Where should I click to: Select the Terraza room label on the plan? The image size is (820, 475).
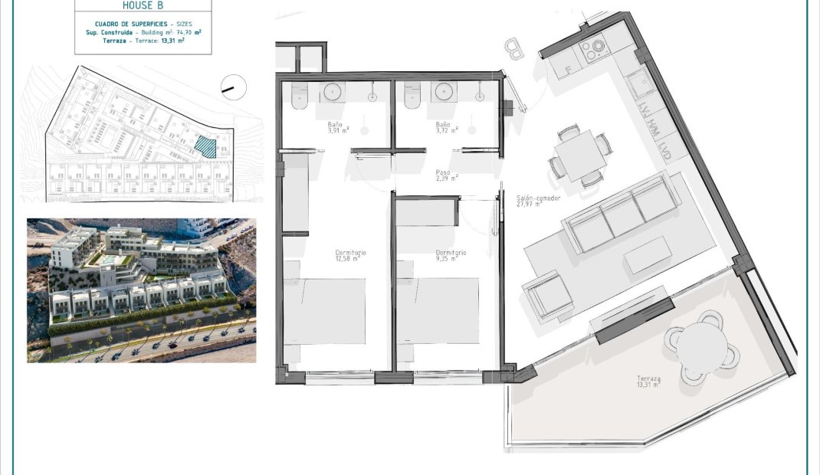(648, 382)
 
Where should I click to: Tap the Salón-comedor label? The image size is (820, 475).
(539, 201)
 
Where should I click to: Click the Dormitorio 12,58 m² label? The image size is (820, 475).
(350, 255)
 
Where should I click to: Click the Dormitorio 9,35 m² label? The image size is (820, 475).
(451, 255)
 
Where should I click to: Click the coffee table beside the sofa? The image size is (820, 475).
(648, 254)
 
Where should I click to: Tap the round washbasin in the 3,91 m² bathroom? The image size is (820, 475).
(333, 91)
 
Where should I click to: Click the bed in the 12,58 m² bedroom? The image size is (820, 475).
(325, 310)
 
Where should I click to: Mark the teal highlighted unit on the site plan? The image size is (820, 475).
(205, 146)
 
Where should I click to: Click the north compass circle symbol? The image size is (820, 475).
(231, 87)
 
